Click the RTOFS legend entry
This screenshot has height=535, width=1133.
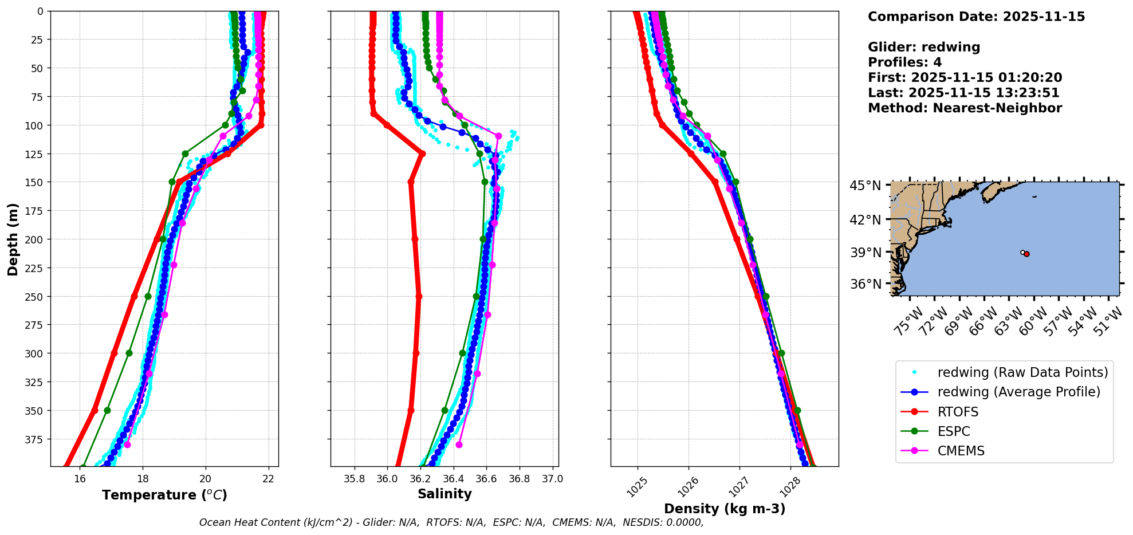click(x=958, y=412)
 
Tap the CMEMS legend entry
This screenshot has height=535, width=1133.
click(x=961, y=451)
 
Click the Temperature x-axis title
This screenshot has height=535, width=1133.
click(x=164, y=495)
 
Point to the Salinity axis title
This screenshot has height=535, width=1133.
click(x=444, y=494)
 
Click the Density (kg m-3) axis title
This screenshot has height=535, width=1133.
click(x=725, y=508)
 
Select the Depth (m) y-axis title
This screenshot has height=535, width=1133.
click(x=13, y=239)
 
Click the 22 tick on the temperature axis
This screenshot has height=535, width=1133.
click(x=269, y=479)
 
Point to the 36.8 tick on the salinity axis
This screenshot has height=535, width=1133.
click(x=520, y=479)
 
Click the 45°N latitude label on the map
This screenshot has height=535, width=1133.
click(x=866, y=186)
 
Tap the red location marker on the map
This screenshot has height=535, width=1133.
click(x=1026, y=254)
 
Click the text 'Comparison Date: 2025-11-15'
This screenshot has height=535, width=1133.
click(x=976, y=17)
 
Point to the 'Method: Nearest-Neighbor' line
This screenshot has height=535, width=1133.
click(x=965, y=108)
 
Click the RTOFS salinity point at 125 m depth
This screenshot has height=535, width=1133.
click(x=422, y=154)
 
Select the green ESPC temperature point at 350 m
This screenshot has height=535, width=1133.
click(x=107, y=410)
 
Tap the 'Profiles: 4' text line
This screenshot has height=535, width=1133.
click(x=904, y=62)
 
